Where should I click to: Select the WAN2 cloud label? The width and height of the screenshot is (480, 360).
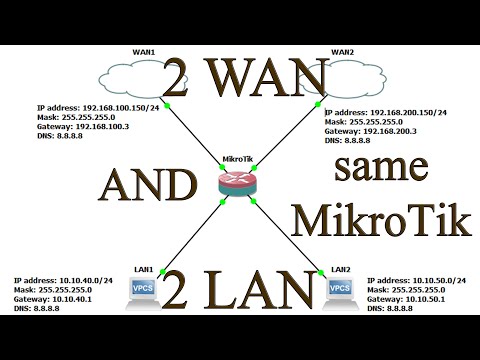(x=342, y=50)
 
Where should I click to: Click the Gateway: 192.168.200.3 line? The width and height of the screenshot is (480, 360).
(x=376, y=132)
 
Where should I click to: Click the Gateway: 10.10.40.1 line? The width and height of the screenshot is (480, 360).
(x=55, y=299)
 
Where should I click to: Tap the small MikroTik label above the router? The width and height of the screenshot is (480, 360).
(x=240, y=159)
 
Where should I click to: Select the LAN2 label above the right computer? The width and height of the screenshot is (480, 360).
(x=341, y=270)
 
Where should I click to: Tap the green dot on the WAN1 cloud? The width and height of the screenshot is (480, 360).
(x=169, y=102)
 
